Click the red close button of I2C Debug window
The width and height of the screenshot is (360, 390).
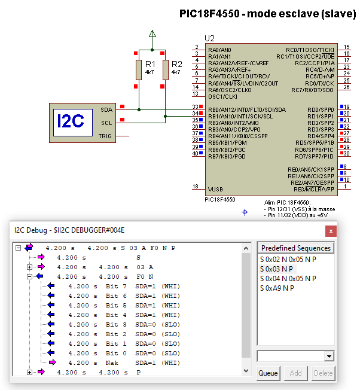click(331, 231)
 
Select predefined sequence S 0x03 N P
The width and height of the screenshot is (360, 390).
click(276, 269)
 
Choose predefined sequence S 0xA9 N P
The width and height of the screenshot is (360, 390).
click(277, 288)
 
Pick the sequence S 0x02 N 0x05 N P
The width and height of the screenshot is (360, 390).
click(288, 260)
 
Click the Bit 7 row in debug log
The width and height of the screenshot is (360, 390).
click(124, 287)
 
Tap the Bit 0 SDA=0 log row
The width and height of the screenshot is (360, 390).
click(124, 353)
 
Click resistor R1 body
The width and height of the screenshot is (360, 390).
click(139, 70)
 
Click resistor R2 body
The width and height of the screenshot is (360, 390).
click(165, 70)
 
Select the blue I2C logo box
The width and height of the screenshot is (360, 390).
click(73, 123)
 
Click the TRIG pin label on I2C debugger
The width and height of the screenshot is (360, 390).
click(105, 136)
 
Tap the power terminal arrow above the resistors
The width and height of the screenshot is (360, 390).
click(152, 33)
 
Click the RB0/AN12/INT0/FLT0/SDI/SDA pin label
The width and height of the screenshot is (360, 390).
click(247, 110)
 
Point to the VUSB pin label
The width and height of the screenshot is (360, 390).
click(215, 189)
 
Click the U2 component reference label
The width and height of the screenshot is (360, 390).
click(209, 38)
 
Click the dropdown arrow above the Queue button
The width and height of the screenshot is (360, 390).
click(329, 356)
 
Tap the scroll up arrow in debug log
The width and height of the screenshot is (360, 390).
click(246, 248)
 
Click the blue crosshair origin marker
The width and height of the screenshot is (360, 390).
click(245, 212)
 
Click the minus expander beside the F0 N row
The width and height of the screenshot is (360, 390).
click(29, 276)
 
